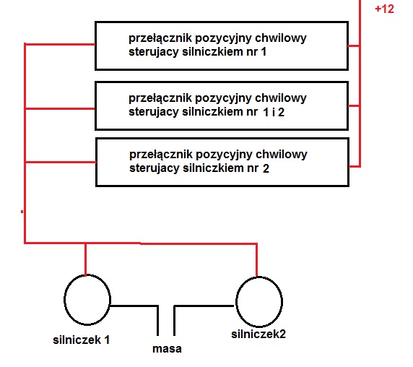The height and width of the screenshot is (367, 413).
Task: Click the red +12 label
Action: [x=384, y=9]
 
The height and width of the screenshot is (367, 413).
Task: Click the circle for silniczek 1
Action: [x=64, y=300]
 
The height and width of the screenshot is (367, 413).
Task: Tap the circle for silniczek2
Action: [x=236, y=302]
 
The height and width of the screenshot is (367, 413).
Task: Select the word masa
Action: [x=167, y=348]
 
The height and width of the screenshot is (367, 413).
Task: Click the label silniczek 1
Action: [x=81, y=340]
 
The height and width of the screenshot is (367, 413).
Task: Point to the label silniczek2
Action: [x=258, y=334]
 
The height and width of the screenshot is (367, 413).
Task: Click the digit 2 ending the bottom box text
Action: [x=266, y=168]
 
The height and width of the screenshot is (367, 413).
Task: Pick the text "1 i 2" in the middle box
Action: [x=274, y=112]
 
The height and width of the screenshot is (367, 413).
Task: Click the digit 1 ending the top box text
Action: [x=264, y=52]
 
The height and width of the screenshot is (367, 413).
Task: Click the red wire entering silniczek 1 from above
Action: [x=86, y=259]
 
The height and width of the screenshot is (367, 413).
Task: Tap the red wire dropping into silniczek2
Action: [x=256, y=261]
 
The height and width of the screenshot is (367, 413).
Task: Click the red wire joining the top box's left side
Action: [x=60, y=44]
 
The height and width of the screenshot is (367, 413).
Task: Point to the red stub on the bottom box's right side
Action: [x=355, y=166]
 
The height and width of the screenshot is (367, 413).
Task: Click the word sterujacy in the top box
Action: [x=154, y=52]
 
